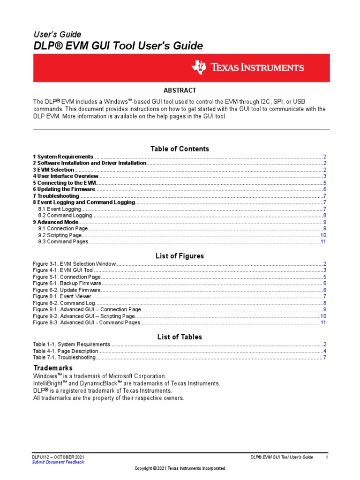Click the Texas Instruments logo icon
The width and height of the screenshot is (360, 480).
coord(198,67)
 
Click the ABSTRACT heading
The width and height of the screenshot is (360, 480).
coord(180,90)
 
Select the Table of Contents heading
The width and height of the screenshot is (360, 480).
coord(180,149)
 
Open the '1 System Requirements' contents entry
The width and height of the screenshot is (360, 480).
coord(63,157)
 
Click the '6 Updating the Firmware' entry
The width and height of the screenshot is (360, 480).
coord(64,189)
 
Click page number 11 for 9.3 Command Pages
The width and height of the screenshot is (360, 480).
coord(323,242)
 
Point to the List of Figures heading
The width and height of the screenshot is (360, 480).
coord(180,256)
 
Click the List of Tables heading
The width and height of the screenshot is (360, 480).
coord(180,337)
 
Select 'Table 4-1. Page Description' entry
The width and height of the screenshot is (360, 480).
coord(66,351)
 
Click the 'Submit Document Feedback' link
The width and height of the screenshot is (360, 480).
coord(58,462)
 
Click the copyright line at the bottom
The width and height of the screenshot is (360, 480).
coord(180,468)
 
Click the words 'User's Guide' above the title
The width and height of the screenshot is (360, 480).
coord(57,35)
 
